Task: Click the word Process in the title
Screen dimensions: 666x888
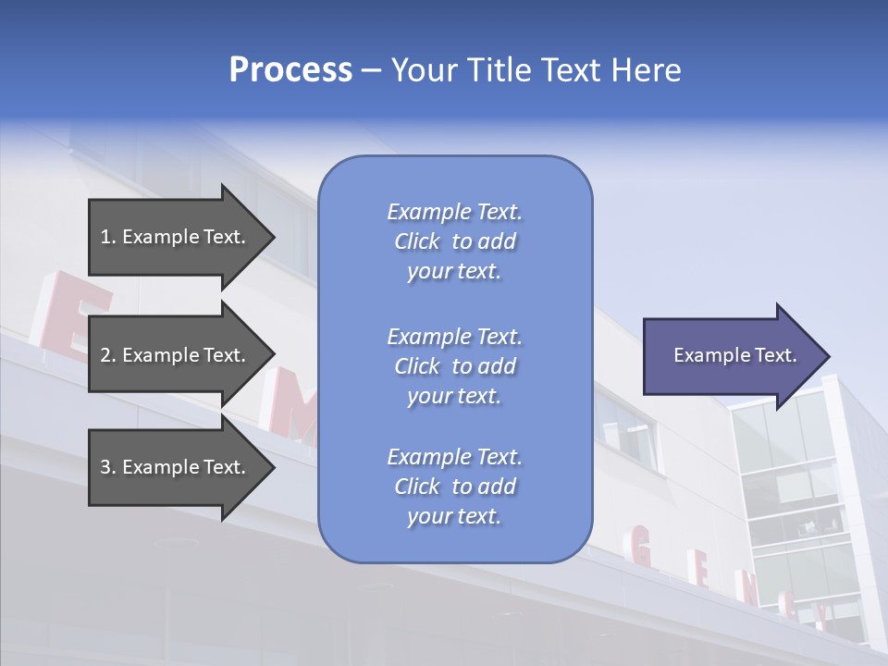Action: coord(290,70)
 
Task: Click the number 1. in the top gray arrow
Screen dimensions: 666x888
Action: coord(108,237)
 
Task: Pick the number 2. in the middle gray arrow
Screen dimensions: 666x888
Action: coord(108,355)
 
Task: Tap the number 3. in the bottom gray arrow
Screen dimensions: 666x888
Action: coord(108,467)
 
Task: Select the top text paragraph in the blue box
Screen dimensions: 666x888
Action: coord(454,241)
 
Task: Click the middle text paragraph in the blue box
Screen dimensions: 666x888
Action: coord(454,366)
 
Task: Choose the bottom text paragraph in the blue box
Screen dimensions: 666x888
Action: coord(454,487)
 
